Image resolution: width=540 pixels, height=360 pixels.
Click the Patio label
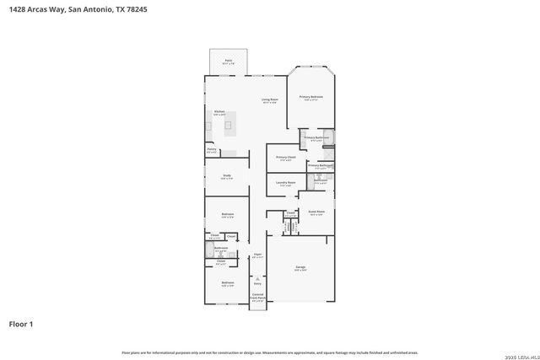(x=228, y=61)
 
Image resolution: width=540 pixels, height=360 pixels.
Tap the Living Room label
(x=269, y=101)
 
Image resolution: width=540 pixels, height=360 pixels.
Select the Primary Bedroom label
(x=310, y=98)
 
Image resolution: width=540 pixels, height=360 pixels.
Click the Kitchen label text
(x=219, y=112)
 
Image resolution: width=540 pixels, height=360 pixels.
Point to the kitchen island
(x=229, y=127)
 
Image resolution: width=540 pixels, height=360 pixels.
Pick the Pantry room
(x=212, y=151)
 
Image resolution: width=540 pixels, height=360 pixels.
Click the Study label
(x=226, y=177)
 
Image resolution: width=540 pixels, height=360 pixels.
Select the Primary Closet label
(x=285, y=158)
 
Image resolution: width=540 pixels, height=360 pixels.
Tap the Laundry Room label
(x=285, y=183)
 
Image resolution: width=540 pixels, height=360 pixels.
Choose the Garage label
(x=300, y=268)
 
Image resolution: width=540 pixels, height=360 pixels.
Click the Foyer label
(x=257, y=254)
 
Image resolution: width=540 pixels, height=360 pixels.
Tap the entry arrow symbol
(x=257, y=277)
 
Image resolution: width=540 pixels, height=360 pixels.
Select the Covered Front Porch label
(x=257, y=297)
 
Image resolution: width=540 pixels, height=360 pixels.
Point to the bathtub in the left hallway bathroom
(x=209, y=250)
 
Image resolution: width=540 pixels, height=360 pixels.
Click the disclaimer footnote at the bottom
(x=269, y=352)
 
